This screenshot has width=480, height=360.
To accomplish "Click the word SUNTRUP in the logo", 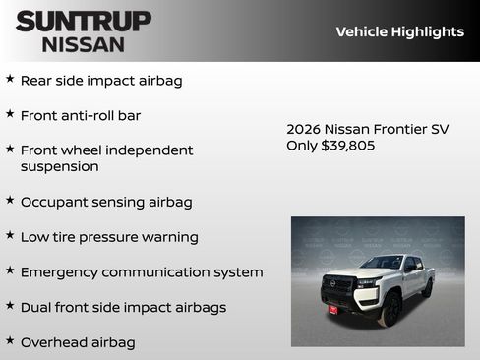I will pos(84,21).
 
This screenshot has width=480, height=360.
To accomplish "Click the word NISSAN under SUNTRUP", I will pos(84,43).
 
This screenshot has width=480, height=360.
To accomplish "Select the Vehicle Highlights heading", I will pos(399,31).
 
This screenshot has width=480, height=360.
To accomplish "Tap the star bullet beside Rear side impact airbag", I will pos(10,79).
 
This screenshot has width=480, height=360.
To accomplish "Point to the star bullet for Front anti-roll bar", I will pos(10,114).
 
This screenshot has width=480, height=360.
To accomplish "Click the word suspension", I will pos(59,167).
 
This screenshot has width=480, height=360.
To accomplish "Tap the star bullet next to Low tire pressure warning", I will pos(10,236).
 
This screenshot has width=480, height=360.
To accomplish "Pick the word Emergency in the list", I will pos(61,272).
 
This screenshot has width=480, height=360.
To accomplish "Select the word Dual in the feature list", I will pos(39,307).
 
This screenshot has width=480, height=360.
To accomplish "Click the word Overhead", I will pos(58,342).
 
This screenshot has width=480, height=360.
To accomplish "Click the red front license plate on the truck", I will pos(332,309).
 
